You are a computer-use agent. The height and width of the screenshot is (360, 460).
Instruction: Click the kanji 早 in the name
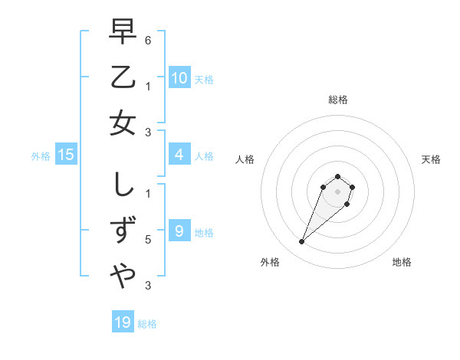[x=123, y=32]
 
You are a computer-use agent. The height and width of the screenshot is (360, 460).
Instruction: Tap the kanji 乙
[x=123, y=77]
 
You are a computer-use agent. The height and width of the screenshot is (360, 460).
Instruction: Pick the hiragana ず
[x=123, y=231]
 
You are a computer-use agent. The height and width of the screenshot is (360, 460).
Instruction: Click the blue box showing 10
[x=179, y=77]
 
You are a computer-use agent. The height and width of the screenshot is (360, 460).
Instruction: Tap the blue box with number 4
[x=179, y=155]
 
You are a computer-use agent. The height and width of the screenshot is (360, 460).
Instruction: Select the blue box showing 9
[x=179, y=231]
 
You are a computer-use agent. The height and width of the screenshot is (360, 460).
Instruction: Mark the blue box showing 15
[x=66, y=155]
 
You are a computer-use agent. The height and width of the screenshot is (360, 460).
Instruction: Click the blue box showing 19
[x=123, y=322]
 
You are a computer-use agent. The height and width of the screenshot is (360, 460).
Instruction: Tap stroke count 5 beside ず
[x=147, y=240]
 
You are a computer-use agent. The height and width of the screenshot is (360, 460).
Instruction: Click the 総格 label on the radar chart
[x=337, y=100]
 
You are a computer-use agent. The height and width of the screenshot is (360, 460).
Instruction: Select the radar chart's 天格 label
[x=432, y=159]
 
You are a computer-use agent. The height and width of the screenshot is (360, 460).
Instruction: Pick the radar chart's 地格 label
[x=402, y=262]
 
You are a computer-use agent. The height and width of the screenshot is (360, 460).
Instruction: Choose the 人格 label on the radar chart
[x=245, y=159]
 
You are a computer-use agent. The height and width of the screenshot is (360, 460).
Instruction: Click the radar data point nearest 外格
[x=302, y=242]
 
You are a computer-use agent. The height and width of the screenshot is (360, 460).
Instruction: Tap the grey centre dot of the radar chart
[x=337, y=191]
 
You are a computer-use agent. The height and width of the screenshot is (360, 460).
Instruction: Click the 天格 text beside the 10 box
[x=204, y=79]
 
